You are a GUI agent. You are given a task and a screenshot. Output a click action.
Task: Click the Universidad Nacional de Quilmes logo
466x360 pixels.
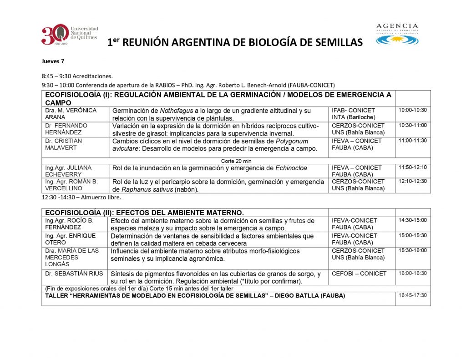tap(69, 35)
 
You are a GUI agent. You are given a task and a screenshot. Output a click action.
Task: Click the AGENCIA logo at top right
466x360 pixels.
tap(397, 34)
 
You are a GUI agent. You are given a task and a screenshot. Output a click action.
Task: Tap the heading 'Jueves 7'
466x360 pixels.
tap(50, 61)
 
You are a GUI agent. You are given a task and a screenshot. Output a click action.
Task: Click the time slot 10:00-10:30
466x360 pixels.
tap(412, 111)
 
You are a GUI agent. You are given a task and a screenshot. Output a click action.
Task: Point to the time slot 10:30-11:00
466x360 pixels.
tap(412, 126)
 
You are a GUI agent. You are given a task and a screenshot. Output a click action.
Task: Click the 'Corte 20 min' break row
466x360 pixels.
tap(236, 161)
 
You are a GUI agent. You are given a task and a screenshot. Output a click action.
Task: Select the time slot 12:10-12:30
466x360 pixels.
tap(412, 181)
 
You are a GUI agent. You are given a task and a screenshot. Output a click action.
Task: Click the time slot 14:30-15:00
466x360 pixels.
tap(412, 220)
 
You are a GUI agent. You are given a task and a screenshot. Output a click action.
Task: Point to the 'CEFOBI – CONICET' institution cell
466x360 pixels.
tap(359, 274)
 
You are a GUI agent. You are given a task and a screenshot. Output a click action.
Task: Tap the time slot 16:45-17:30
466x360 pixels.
tap(412, 295)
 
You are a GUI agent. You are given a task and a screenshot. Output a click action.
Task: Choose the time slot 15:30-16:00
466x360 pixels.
tap(412, 251)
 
